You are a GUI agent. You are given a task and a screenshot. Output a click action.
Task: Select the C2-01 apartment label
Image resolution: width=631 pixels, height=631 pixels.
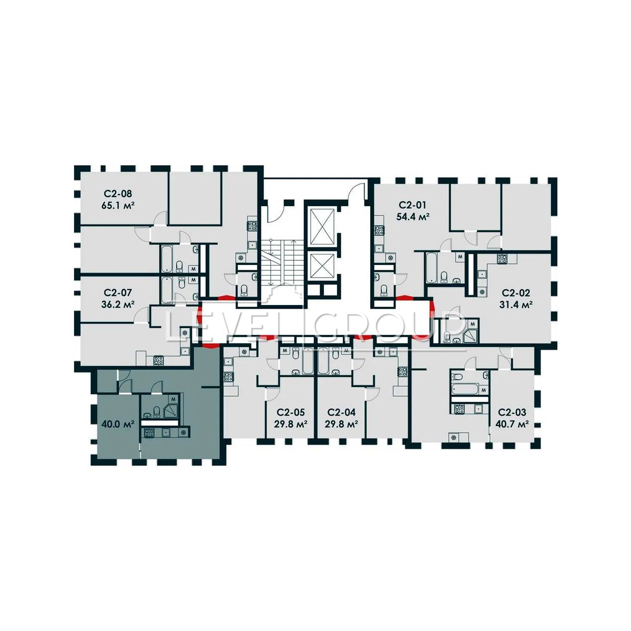point(413,205)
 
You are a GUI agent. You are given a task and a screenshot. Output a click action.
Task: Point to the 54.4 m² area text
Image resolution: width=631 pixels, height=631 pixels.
point(413,217)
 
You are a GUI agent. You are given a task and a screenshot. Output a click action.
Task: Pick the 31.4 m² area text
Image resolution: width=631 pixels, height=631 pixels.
point(516,304)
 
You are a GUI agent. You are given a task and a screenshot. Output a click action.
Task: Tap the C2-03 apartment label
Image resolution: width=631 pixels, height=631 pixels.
point(513,412)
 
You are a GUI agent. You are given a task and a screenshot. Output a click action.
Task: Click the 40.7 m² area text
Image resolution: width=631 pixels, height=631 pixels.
point(513,424)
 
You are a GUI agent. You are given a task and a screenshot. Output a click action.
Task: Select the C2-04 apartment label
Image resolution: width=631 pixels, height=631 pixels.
point(341,412)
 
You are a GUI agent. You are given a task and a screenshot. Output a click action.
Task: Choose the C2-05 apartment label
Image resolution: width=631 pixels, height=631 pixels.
point(291,412)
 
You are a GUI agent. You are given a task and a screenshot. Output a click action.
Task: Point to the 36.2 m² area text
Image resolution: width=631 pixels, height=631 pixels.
point(118,304)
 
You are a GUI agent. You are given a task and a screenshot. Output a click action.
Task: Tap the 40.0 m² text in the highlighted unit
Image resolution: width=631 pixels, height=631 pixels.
point(118,424)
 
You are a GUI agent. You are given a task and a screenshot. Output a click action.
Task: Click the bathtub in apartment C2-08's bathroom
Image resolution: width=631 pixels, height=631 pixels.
point(167,260)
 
